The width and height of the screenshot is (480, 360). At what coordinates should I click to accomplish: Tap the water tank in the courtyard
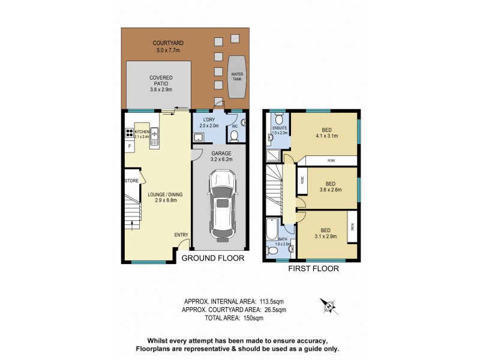coord(238,77)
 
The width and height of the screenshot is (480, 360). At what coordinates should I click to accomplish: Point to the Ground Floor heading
coord(212,259)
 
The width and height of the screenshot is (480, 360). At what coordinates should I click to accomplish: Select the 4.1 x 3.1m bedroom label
coord(327,132)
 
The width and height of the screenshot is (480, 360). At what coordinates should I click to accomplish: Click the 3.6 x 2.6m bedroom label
coord(329,187)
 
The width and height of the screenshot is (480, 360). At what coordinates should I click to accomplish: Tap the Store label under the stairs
coord(131,181)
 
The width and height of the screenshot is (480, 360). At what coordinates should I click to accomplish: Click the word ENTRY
coord(181,235)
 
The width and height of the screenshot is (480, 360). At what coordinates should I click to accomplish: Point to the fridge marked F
coord(129,146)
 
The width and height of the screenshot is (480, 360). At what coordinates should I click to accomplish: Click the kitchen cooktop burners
coord(128,133)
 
